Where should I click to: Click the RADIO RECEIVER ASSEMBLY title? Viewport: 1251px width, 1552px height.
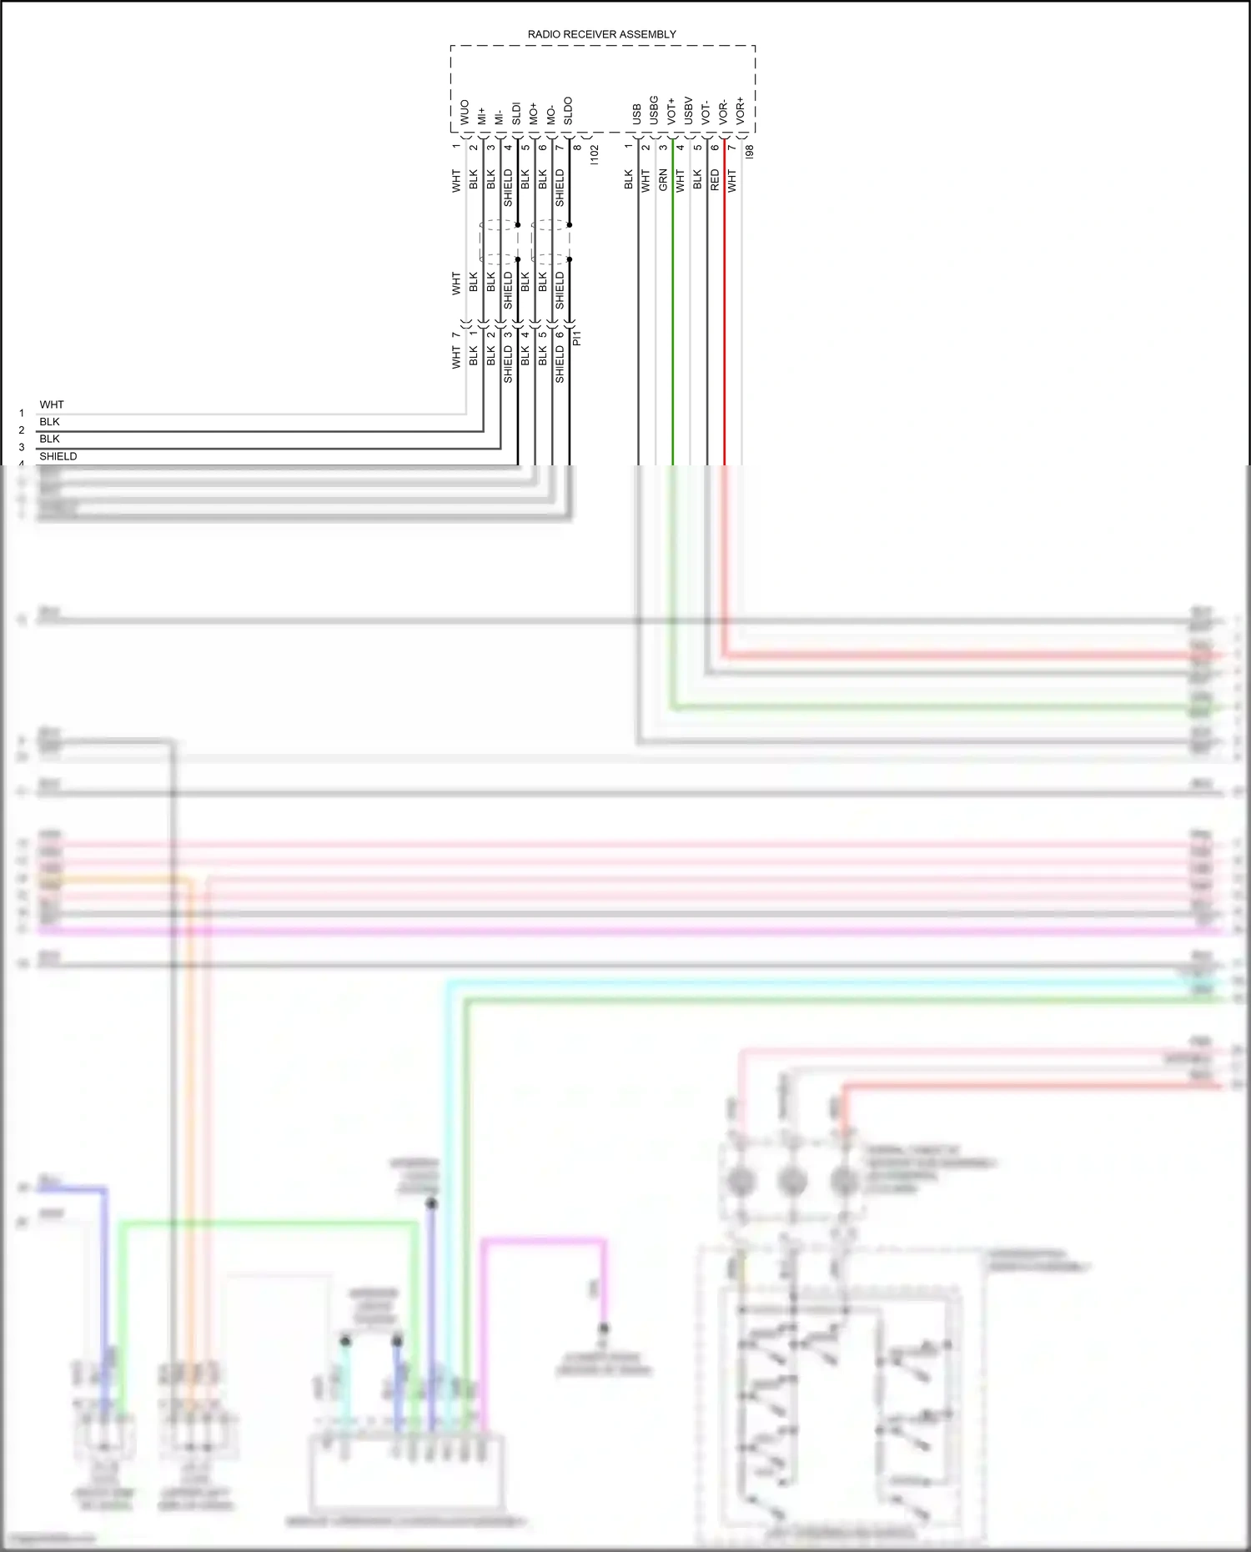click(601, 34)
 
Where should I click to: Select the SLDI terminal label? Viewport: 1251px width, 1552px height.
click(516, 114)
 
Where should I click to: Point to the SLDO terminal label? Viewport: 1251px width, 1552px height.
click(568, 112)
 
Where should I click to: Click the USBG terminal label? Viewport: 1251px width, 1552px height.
click(654, 110)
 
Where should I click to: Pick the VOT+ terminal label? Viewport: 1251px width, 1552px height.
click(671, 112)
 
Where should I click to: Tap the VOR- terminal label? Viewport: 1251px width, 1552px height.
click(723, 112)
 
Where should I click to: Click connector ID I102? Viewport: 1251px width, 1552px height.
click(594, 153)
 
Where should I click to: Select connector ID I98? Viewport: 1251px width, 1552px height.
click(749, 151)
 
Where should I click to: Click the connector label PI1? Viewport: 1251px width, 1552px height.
click(577, 338)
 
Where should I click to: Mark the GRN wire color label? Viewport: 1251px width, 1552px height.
click(663, 180)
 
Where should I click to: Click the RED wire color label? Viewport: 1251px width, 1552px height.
click(715, 180)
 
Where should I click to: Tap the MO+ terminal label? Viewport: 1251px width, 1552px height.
click(534, 114)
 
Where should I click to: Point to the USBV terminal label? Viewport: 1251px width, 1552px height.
click(689, 111)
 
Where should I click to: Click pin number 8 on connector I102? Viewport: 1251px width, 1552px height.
click(577, 148)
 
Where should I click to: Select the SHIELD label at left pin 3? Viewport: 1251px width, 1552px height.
click(58, 456)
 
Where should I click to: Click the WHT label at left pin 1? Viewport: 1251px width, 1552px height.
click(52, 404)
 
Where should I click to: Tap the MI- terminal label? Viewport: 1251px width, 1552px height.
click(499, 117)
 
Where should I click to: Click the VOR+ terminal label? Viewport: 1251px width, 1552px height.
click(741, 111)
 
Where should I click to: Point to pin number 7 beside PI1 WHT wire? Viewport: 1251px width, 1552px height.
click(456, 335)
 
